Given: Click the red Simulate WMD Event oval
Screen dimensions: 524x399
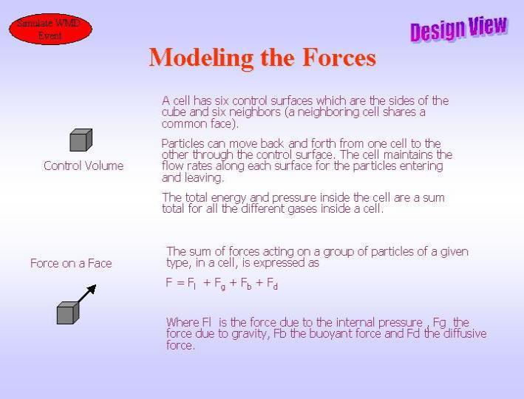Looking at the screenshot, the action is click(x=50, y=29).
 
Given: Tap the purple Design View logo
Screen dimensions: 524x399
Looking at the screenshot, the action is click(x=459, y=28).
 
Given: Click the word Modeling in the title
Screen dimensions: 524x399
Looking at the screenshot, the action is click(x=201, y=58).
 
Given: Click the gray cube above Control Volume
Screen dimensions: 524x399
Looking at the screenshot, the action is click(x=81, y=140).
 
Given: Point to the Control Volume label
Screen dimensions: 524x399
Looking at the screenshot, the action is click(x=84, y=166).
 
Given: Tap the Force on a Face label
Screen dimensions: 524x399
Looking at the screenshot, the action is click(x=71, y=263).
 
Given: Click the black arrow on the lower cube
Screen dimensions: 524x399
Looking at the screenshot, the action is click(x=87, y=294).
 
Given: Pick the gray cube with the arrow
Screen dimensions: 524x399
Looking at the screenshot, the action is click(x=68, y=313).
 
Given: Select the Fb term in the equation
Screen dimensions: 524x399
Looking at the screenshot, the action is click(x=246, y=284).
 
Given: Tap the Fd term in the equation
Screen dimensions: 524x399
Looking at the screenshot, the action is click(x=272, y=284).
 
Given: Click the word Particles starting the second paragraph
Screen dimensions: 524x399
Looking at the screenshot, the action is click(x=183, y=143).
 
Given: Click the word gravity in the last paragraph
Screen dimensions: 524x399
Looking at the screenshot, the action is click(x=248, y=334).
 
